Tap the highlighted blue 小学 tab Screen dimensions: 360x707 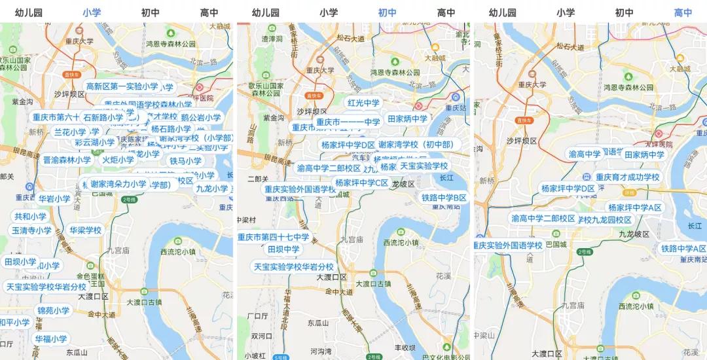(91, 12)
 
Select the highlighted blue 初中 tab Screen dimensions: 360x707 (387, 12)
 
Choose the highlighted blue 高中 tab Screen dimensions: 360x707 (683, 12)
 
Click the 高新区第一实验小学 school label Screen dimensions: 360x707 (122, 86)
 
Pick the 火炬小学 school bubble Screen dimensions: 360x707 (118, 160)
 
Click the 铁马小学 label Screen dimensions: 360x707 (186, 161)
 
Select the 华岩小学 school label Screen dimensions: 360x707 (54, 199)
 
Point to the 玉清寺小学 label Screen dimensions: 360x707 (31, 230)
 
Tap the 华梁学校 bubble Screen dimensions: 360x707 (86, 230)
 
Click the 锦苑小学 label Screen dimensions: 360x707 (53, 310)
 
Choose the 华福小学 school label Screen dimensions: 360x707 (51, 339)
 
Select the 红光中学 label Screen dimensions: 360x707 (363, 103)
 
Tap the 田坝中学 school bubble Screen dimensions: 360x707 (283, 249)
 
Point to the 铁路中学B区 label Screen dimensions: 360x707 (444, 198)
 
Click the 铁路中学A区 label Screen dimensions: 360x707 (683, 249)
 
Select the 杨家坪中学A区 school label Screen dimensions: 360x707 (634, 207)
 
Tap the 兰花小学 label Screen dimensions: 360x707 (70, 132)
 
